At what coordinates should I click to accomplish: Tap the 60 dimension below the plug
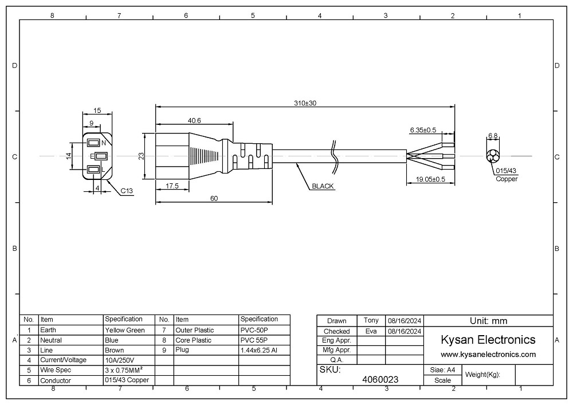(214, 198)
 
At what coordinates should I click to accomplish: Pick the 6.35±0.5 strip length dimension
(423, 130)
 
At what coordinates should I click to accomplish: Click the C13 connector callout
(127, 191)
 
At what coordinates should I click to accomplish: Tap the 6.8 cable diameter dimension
(493, 136)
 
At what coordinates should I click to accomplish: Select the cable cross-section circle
(493, 156)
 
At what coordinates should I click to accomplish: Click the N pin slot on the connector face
(93, 142)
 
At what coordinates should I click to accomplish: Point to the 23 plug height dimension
(142, 156)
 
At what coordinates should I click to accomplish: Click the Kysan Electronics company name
(488, 340)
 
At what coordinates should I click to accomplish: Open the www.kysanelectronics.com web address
(488, 355)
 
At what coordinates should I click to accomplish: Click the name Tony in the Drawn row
(371, 320)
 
